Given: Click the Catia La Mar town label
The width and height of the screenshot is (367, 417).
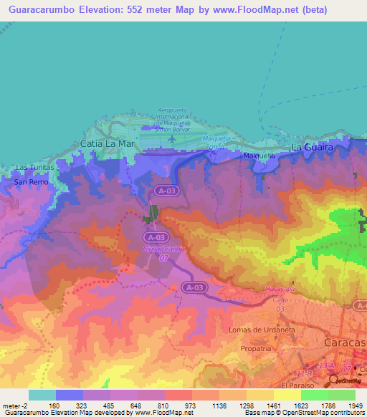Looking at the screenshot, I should tap(108, 143).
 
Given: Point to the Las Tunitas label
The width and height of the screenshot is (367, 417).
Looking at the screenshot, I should tap(34, 168).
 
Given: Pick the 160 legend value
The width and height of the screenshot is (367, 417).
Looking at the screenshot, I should tap(54, 406).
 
